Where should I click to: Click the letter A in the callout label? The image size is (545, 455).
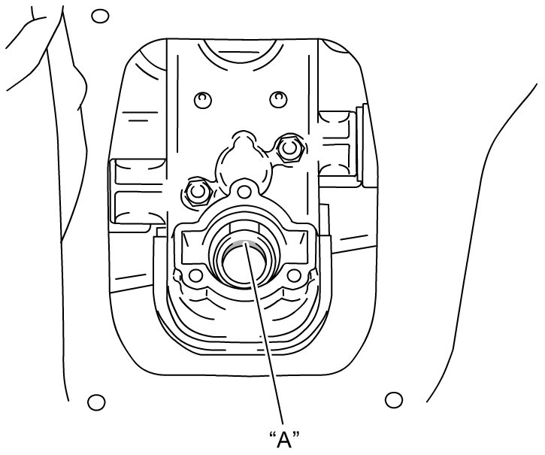click(x=284, y=440)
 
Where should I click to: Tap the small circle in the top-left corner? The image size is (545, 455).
click(x=100, y=16)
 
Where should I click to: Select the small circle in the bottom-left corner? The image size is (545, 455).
click(x=96, y=402)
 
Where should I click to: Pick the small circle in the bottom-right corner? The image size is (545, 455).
click(x=394, y=399)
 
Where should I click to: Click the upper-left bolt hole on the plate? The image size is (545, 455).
click(x=203, y=100)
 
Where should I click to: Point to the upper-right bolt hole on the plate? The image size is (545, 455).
click(x=278, y=99)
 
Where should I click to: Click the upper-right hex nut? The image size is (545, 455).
click(x=289, y=147)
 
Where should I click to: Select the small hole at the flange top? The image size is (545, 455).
click(x=245, y=191)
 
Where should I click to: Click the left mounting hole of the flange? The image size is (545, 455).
click(x=195, y=275)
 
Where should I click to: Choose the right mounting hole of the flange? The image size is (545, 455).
click(x=294, y=275)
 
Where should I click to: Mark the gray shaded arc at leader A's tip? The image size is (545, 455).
click(x=244, y=244)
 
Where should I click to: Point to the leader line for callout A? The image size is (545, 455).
click(x=264, y=334)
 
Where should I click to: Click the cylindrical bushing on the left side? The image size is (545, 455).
click(x=138, y=191)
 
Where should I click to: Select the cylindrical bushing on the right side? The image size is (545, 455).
click(x=335, y=144)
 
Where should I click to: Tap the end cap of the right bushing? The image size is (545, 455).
click(x=362, y=143)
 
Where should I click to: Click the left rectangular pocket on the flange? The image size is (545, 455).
click(x=193, y=246)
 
